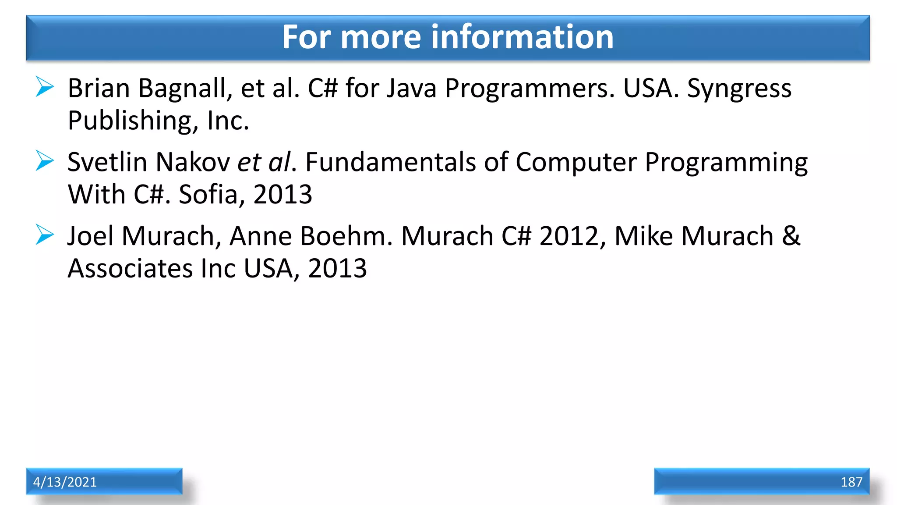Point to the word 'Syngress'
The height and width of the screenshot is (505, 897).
pyautogui.click(x=739, y=89)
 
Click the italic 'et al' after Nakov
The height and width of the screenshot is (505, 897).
pyautogui.click(x=264, y=162)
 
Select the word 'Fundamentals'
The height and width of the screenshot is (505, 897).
pyautogui.click(x=390, y=162)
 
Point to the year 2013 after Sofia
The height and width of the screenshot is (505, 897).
pyautogui.click(x=283, y=194)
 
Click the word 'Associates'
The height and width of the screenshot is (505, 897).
pyautogui.click(x=130, y=268)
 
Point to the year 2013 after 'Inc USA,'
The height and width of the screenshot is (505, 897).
pyautogui.click(x=337, y=268)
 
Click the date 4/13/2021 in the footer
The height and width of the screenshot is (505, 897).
pyautogui.click(x=65, y=482)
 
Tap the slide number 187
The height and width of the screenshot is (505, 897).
pyautogui.click(x=851, y=482)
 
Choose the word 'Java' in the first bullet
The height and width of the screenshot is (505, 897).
pyautogui.click(x=412, y=89)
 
